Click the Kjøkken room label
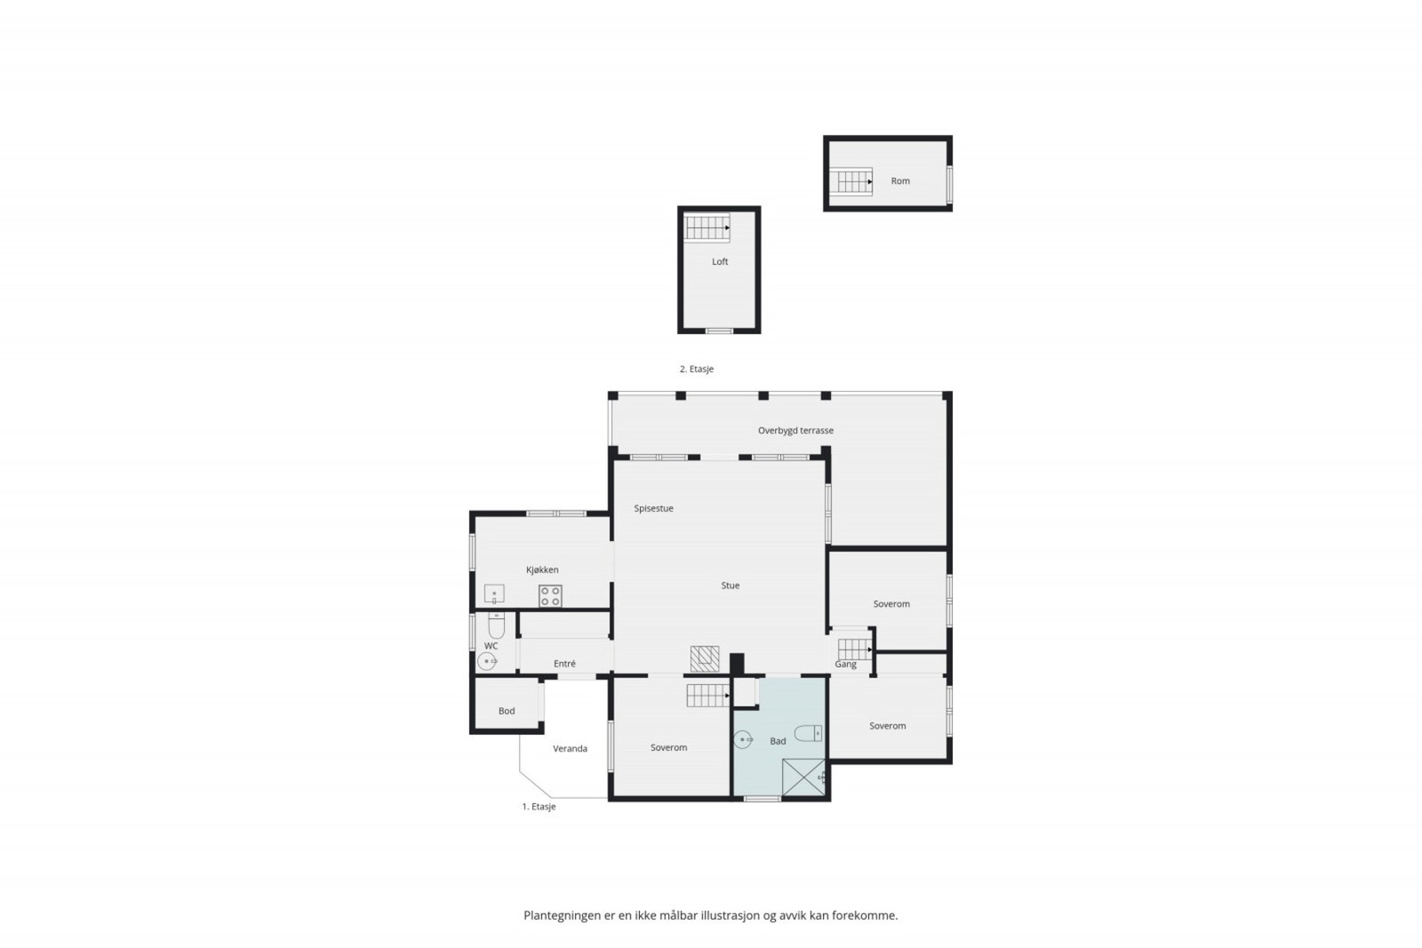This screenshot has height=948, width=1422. (x=542, y=570)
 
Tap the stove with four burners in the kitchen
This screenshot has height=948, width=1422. (x=550, y=596)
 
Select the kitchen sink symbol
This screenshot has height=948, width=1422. (x=494, y=593)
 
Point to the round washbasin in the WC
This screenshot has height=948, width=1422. (x=487, y=661)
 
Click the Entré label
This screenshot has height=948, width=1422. (x=564, y=664)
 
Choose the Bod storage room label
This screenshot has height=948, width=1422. (x=507, y=711)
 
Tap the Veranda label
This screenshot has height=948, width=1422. (x=570, y=748)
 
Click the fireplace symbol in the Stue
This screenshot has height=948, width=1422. (x=704, y=658)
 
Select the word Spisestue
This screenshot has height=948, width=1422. (x=653, y=508)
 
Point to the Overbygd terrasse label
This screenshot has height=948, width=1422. (x=795, y=431)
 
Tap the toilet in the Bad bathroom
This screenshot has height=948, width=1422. (x=808, y=734)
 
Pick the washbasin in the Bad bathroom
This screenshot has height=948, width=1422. (x=744, y=739)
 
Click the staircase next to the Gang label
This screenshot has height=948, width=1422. (x=855, y=649)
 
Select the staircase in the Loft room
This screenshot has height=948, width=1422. (x=707, y=227)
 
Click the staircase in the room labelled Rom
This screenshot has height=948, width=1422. (x=852, y=181)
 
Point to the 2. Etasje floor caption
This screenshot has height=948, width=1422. (x=697, y=369)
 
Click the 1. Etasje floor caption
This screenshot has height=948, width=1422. (x=539, y=807)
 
